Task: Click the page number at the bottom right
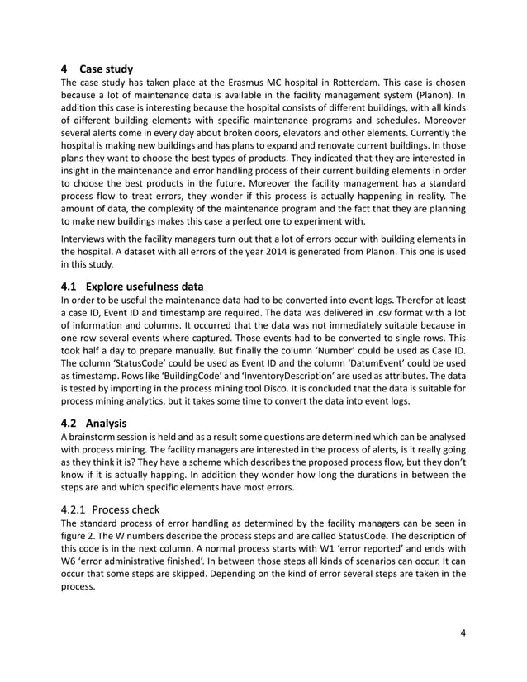tap(464, 633)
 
